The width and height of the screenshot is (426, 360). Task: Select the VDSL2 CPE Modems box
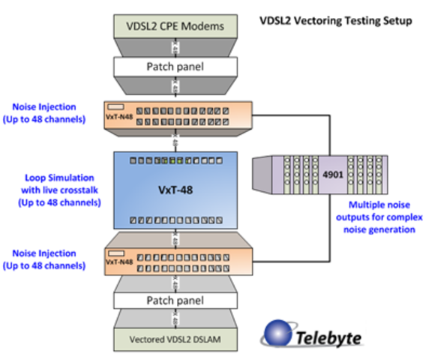pyautogui.click(x=174, y=25)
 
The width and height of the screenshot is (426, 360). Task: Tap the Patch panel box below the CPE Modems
pyautogui.click(x=174, y=66)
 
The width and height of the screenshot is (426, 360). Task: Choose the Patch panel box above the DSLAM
pyautogui.click(x=174, y=301)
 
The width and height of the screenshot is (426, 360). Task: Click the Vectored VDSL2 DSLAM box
pyautogui.click(x=174, y=342)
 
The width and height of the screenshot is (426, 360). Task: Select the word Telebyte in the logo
pyautogui.click(x=326, y=337)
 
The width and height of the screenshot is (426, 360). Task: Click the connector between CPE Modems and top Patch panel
pyautogui.click(x=174, y=46)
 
